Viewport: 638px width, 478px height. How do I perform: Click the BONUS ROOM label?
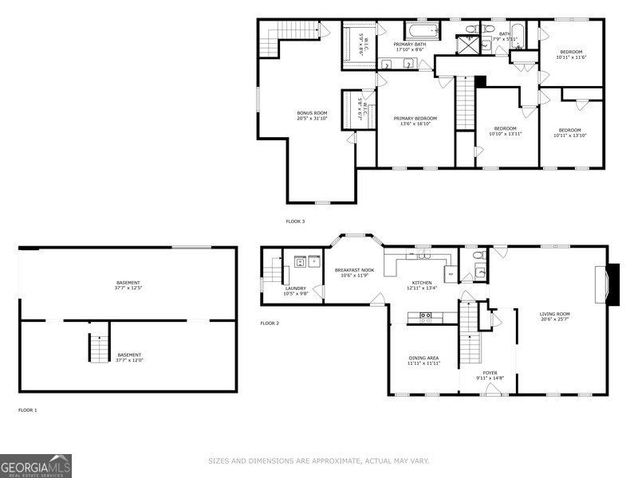click(313, 114)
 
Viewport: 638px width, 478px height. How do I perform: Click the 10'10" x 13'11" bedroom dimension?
click(505, 134)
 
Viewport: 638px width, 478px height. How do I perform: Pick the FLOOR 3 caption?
click(295, 221)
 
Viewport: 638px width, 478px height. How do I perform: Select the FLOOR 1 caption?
click(28, 409)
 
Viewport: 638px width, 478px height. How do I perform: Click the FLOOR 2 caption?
click(270, 323)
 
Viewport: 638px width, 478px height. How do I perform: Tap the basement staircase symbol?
click(97, 347)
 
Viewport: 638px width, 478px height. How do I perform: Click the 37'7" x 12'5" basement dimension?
click(128, 288)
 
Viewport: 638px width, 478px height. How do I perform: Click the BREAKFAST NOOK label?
click(354, 270)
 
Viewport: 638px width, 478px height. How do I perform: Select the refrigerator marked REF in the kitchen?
click(451, 274)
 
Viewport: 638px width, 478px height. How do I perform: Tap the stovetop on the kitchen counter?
click(427, 315)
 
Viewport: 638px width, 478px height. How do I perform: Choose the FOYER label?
click(490, 372)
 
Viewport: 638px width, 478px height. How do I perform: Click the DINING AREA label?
click(423, 358)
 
